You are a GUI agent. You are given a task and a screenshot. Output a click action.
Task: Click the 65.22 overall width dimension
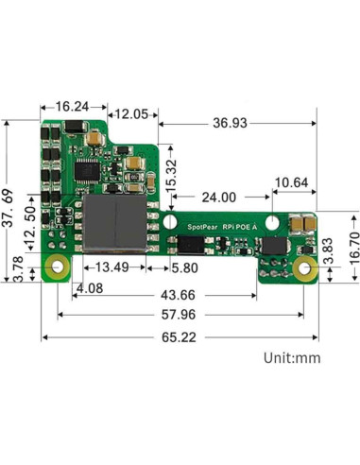point(183,336)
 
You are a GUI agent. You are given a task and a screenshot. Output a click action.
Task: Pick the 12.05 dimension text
point(130,114)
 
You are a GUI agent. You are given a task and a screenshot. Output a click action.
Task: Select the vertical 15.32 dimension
point(171,178)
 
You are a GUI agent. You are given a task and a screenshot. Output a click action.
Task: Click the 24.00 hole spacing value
point(218,198)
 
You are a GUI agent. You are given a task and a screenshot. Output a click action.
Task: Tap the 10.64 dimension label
point(291,182)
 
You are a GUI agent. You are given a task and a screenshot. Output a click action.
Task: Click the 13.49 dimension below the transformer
point(112,267)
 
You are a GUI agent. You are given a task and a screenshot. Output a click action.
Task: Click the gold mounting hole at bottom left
point(59,267)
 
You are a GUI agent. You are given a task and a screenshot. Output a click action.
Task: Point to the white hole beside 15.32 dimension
point(170,221)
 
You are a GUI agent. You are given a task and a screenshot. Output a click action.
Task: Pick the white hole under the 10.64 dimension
point(271,222)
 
